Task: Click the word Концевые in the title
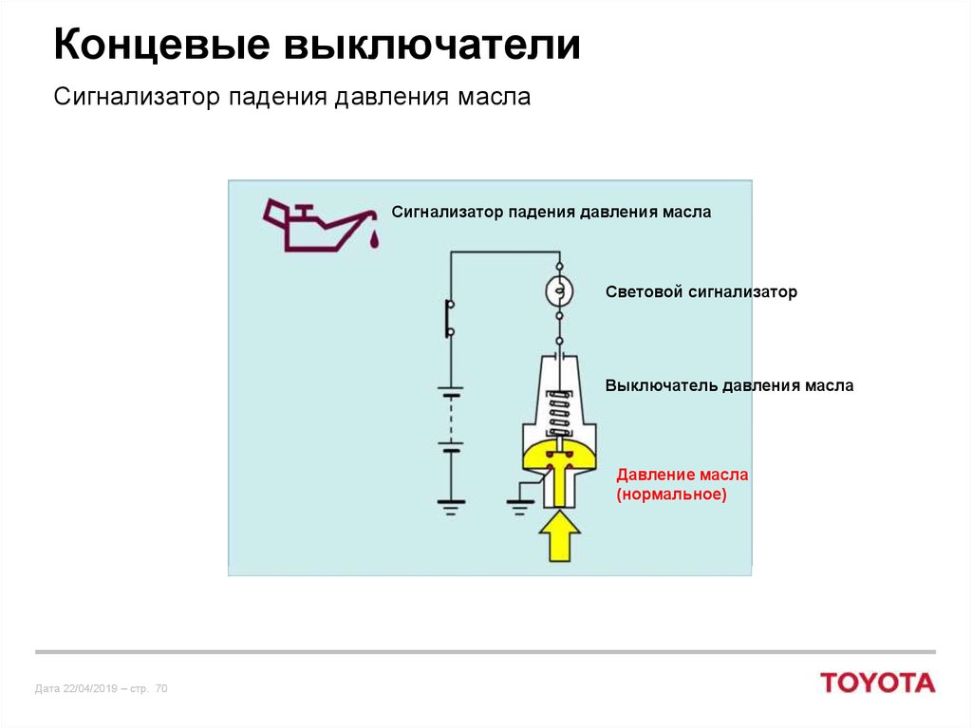point(162,46)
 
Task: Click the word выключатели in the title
point(433,46)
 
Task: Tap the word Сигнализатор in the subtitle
point(137,98)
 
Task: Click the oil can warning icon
point(321,225)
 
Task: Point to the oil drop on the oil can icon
point(374,239)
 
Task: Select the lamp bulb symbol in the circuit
point(559,290)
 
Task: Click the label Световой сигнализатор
point(701,292)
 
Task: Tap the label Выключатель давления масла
point(729,385)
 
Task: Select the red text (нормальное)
point(671,495)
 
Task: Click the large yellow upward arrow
point(559,536)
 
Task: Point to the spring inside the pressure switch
point(559,412)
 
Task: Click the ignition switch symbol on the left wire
point(449,318)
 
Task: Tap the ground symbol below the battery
point(451,507)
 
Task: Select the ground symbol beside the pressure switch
point(519,507)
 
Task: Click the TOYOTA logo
point(878,682)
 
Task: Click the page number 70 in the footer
point(161,688)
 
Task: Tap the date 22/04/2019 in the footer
point(90,688)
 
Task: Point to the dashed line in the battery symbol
point(451,420)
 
